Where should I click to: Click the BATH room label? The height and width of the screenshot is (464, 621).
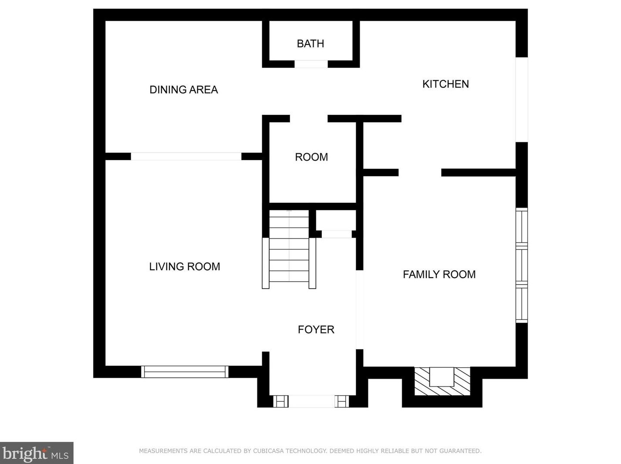click(310, 44)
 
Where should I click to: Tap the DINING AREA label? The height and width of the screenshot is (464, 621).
click(184, 90)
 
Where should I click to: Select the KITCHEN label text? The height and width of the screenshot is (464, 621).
click(445, 84)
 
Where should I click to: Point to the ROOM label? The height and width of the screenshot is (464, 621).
click(311, 157)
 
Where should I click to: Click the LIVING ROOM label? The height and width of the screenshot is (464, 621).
click(185, 266)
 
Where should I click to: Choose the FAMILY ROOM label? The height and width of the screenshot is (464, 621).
click(439, 274)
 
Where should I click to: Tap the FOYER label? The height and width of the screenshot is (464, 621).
click(316, 330)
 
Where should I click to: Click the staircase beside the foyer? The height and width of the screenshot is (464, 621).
click(289, 249)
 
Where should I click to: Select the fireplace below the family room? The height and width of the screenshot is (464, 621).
click(442, 381)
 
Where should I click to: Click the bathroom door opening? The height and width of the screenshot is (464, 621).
click(311, 64)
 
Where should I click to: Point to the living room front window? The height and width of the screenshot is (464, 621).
click(185, 372)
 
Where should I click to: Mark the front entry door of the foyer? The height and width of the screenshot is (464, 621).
click(311, 401)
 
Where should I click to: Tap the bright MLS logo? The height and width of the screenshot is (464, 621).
click(37, 453)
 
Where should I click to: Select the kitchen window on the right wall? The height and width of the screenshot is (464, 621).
click(522, 100)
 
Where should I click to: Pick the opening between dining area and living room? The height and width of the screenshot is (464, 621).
click(186, 156)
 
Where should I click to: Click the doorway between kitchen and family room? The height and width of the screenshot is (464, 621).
click(420, 172)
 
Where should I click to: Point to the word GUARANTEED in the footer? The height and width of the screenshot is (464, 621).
click(460, 451)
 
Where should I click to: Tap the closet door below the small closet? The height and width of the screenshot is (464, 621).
click(337, 234)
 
